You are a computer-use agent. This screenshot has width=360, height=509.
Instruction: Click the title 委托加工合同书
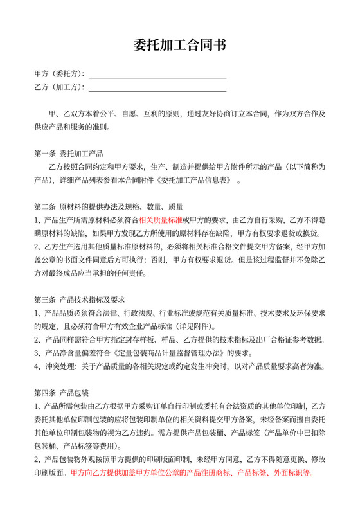[180, 46]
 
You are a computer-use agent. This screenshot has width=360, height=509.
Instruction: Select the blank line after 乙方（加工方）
[157, 87]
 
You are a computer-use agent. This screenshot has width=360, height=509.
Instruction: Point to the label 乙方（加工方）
[59, 87]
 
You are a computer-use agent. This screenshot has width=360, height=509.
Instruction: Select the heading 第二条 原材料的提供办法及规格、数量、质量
[109, 207]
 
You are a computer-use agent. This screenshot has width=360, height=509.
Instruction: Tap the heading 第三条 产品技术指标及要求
[79, 299]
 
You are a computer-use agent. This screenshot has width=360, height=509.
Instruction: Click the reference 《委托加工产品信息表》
[193, 181]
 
